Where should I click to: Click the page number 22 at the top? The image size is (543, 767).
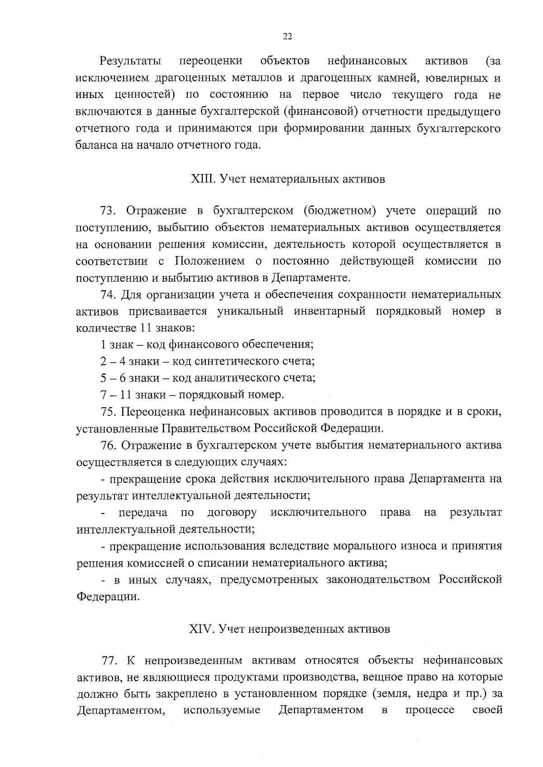(287, 37)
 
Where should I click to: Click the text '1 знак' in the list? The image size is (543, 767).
(116, 345)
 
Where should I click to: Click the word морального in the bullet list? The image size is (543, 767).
(363, 546)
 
